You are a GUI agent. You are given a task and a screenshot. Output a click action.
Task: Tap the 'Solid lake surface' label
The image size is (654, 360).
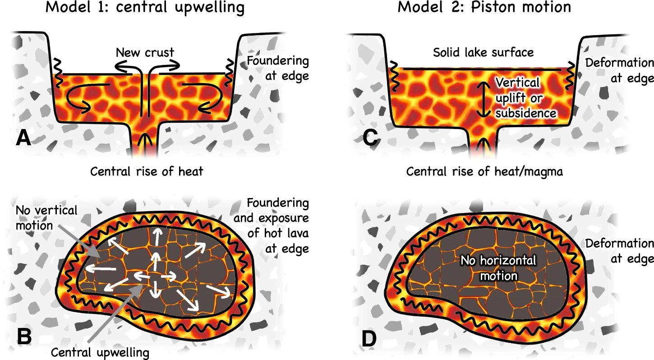(483, 52)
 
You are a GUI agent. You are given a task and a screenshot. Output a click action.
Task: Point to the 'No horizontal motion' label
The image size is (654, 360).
(498, 268)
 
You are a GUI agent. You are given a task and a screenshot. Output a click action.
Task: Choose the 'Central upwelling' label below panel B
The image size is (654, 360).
(100, 352)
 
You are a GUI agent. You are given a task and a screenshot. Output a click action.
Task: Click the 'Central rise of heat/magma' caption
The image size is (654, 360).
(484, 172)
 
